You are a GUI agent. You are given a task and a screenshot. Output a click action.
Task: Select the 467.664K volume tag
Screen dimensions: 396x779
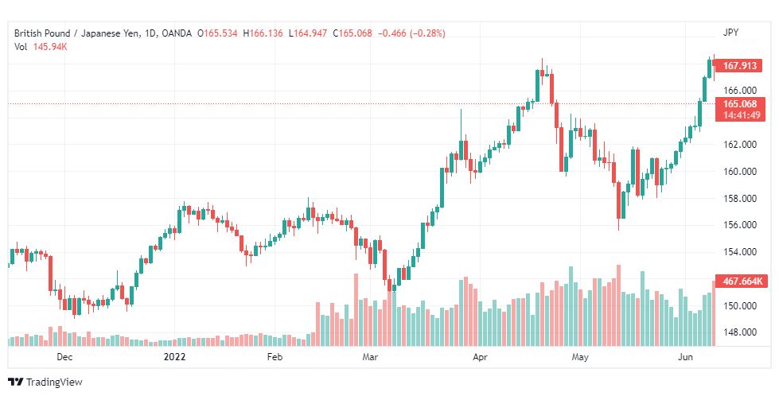click(742, 281)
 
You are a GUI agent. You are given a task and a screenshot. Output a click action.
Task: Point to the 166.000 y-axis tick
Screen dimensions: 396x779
click(739, 91)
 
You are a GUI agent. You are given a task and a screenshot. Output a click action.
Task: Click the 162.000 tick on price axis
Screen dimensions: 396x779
click(739, 145)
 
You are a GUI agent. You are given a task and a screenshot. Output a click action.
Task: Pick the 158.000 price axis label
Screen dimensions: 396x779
click(739, 198)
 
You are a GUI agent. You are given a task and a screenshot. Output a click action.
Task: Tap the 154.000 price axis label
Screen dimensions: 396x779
click(739, 252)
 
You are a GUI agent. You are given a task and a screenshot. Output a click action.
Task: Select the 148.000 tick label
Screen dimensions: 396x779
click(739, 332)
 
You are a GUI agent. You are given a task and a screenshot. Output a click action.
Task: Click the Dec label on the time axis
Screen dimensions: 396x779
click(65, 358)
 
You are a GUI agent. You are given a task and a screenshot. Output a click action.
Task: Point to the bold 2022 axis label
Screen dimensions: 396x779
click(174, 358)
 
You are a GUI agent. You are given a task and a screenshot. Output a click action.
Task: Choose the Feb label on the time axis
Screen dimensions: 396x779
click(275, 358)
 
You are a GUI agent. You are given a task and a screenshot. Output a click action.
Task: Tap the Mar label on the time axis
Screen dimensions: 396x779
click(369, 358)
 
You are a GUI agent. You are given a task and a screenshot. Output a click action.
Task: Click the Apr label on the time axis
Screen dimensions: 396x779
click(479, 358)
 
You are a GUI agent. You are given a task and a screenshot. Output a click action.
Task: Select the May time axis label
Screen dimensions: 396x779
click(580, 358)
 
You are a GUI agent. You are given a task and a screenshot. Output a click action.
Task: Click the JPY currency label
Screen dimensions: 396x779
click(731, 33)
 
